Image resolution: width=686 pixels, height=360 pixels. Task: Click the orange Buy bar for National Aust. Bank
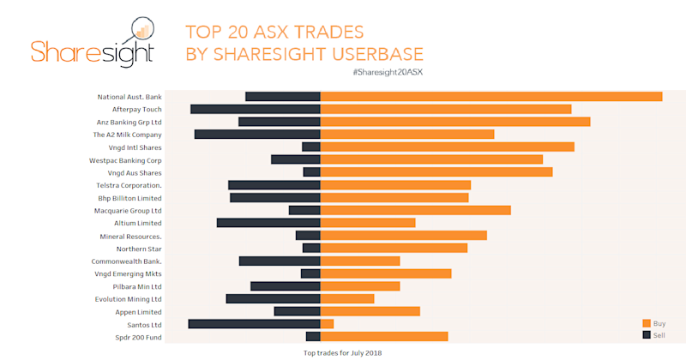point(490,96)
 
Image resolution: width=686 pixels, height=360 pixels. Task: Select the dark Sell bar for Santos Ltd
point(254,324)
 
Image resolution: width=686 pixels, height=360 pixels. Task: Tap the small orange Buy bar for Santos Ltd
point(327,324)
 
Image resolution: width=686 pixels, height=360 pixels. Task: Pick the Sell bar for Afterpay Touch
point(255,109)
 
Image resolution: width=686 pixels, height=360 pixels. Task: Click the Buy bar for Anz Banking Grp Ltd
point(454,122)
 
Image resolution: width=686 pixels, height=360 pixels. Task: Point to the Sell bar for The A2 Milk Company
point(257,135)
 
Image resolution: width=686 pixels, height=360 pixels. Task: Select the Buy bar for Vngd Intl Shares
point(447,147)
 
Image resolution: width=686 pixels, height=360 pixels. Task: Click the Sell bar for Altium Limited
point(268,223)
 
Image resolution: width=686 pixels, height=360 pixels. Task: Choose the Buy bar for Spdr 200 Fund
point(384,337)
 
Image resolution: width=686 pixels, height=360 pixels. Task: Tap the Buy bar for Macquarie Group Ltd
point(415,210)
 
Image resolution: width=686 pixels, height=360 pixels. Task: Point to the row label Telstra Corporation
point(129,185)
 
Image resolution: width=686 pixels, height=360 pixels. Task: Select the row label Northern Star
point(139,249)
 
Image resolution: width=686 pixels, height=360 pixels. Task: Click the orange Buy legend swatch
point(647,323)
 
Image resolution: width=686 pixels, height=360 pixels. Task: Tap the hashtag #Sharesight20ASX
point(388,72)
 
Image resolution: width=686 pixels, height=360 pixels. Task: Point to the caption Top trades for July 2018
point(342,352)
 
